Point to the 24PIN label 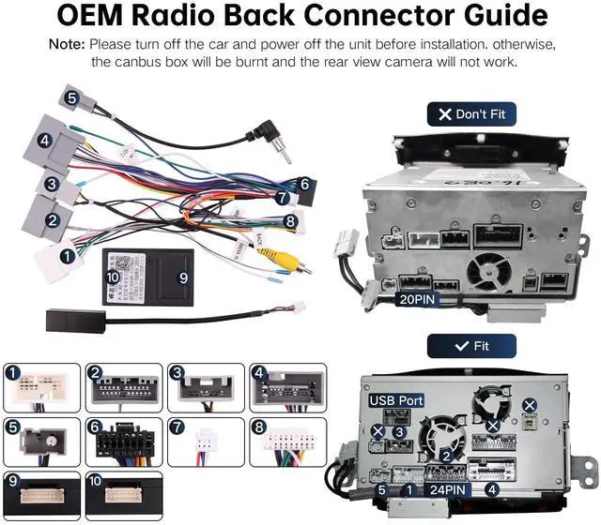coord(445,487)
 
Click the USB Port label coord(395,400)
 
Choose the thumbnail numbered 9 coord(43,491)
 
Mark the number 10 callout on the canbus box coord(113,277)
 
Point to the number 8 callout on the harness coord(290,222)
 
